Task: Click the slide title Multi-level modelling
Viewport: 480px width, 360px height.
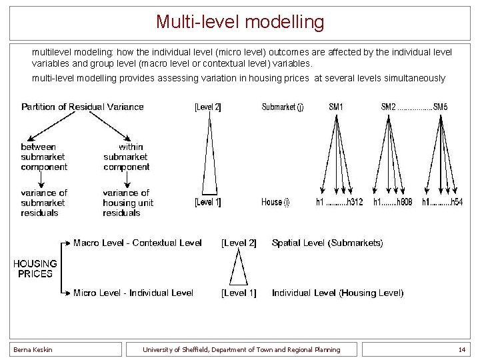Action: (x=240, y=22)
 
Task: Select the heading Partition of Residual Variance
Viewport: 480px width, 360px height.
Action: (x=83, y=107)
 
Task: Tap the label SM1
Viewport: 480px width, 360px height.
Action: (x=337, y=107)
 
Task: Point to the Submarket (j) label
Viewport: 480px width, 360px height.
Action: (x=283, y=107)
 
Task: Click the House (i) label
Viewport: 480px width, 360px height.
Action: (x=275, y=202)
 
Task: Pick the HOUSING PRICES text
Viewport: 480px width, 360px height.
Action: (x=35, y=268)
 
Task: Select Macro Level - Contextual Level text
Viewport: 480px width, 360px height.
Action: (x=137, y=243)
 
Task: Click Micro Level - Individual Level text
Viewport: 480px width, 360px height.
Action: (x=133, y=293)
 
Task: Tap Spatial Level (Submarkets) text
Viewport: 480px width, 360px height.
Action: (x=327, y=243)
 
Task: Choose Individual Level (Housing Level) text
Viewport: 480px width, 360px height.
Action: (x=337, y=293)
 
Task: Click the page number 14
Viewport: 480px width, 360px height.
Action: (x=461, y=349)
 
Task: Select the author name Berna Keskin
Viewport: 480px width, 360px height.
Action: (x=33, y=349)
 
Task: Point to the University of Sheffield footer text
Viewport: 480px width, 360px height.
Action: (x=241, y=349)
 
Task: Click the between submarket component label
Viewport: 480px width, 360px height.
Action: (x=44, y=157)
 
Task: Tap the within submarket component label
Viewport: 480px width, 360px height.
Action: (x=126, y=157)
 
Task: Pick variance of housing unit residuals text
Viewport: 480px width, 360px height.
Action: (x=127, y=203)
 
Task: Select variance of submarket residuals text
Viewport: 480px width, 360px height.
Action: (x=44, y=203)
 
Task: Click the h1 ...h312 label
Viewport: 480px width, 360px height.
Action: (x=339, y=202)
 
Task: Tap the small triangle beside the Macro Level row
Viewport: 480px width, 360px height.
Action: (x=238, y=268)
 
